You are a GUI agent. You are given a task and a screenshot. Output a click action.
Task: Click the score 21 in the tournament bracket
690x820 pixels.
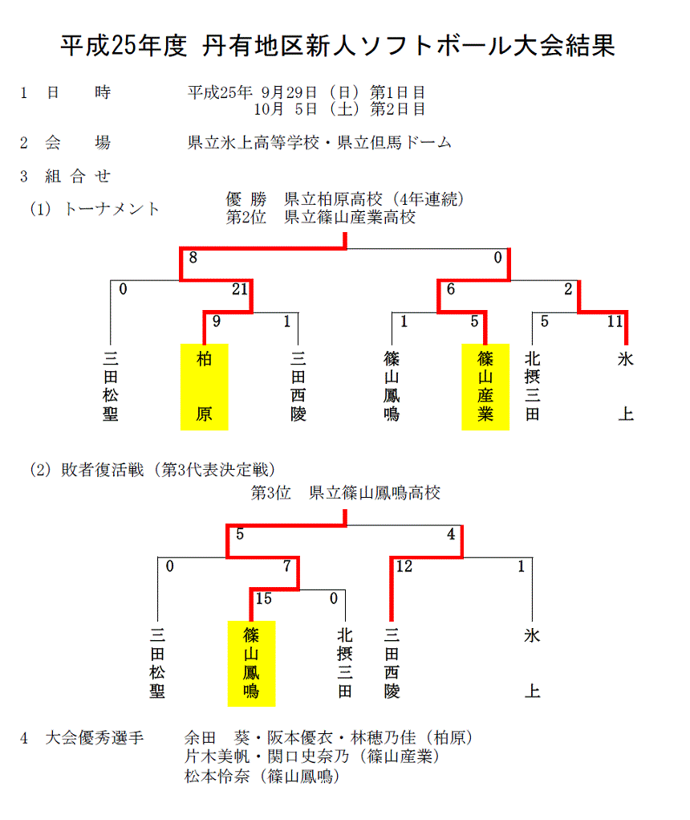pos(240,288)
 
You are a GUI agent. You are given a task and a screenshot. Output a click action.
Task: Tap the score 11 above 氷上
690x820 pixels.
pos(615,321)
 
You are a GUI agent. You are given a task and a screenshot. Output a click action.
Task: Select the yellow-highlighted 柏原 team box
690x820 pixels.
pos(205,387)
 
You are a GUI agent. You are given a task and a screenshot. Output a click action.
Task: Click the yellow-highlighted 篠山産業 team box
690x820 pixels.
pos(485,387)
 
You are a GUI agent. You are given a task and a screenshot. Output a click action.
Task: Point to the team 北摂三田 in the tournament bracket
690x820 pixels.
pos(532,386)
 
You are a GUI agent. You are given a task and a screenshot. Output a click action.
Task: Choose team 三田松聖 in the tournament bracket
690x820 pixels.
pos(110,386)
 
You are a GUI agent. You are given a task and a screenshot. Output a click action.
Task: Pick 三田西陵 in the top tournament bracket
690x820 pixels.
pos(298,386)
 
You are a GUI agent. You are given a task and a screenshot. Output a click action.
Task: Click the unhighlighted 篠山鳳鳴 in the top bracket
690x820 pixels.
pos(392,386)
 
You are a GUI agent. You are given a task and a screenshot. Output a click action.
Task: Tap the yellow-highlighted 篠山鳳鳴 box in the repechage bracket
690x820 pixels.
pos(251,663)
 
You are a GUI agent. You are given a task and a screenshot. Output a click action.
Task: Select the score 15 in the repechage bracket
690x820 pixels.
pos(264,598)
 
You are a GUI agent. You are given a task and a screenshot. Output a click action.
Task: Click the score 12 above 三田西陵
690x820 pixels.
pos(404,566)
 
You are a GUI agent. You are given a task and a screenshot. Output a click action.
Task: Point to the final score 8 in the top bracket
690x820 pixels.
pos(193,257)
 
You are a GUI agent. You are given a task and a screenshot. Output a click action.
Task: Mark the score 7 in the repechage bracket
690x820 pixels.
pos(286,566)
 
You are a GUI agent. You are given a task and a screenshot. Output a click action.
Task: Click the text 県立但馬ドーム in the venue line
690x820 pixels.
pos(395,142)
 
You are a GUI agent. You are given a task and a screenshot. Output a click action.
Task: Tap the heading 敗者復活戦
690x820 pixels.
pos(103,470)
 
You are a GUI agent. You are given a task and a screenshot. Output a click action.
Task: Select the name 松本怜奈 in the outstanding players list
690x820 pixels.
pos(217,776)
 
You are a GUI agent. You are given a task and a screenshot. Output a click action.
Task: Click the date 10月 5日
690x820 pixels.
pos(286,109)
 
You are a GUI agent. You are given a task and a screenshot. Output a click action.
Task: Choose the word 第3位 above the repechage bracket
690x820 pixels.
pos(270,492)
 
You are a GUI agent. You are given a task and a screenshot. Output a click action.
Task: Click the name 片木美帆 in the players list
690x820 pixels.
pos(217,757)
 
